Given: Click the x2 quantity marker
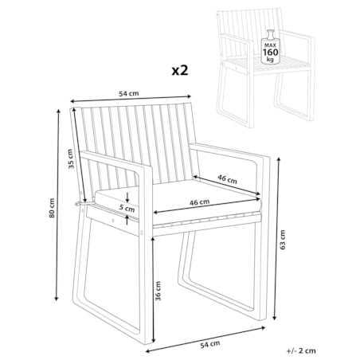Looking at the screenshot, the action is pyautogui.click(x=180, y=70).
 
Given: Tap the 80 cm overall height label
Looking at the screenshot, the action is pyautogui.click(x=52, y=208).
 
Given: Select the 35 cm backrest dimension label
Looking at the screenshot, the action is pyautogui.click(x=70, y=159).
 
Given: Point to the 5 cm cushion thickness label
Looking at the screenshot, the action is pyautogui.click(x=127, y=208).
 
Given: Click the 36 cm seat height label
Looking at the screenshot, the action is pyautogui.click(x=158, y=291).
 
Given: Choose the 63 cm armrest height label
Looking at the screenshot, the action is pyautogui.click(x=283, y=240).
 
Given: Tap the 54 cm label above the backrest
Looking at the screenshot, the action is pyautogui.click(x=129, y=93).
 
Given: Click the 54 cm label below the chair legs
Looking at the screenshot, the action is pyautogui.click(x=210, y=344).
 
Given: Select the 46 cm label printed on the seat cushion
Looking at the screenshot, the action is pyautogui.click(x=199, y=202).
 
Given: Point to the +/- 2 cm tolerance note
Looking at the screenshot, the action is pyautogui.click(x=301, y=350).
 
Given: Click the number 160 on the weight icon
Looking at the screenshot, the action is pyautogui.click(x=271, y=52).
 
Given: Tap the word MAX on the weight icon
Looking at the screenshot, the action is pyautogui.click(x=270, y=45).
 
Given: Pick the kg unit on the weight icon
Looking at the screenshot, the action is pyautogui.click(x=270, y=59).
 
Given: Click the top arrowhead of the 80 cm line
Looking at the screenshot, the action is pyautogui.click(x=58, y=112).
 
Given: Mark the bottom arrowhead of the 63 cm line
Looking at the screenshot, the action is pyautogui.click(x=276, y=317).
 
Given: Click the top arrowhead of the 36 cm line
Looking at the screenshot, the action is pyautogui.click(x=152, y=239).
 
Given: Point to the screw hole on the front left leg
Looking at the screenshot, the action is pyautogui.click(x=142, y=233).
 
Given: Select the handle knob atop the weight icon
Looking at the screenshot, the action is pyautogui.click(x=270, y=33).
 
